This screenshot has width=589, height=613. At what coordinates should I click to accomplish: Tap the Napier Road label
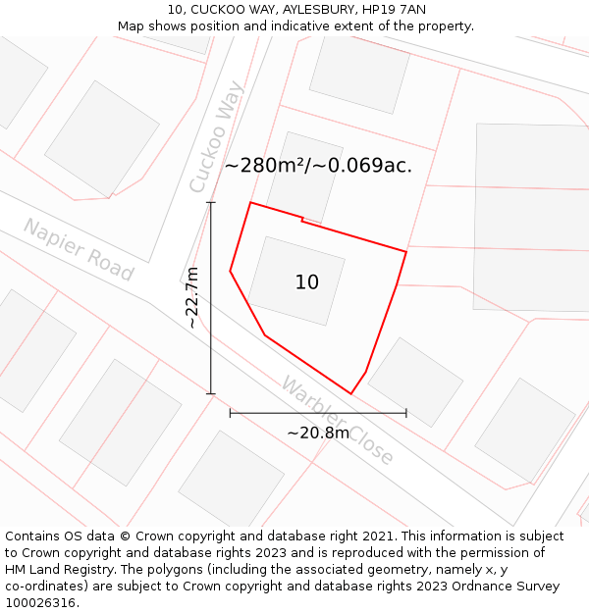click(78, 249)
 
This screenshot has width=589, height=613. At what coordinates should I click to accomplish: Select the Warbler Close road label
click(338, 420)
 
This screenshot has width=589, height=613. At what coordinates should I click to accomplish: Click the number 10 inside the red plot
click(307, 282)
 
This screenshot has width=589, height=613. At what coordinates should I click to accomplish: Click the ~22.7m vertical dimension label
click(192, 297)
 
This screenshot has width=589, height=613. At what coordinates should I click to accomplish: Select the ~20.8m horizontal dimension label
click(318, 433)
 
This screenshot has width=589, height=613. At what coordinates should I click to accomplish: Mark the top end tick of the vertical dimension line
click(211, 203)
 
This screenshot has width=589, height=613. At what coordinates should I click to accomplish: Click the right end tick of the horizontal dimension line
click(406, 413)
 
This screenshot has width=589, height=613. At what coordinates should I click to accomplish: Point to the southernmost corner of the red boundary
click(350, 393)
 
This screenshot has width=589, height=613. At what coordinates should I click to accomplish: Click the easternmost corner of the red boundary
click(406, 252)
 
